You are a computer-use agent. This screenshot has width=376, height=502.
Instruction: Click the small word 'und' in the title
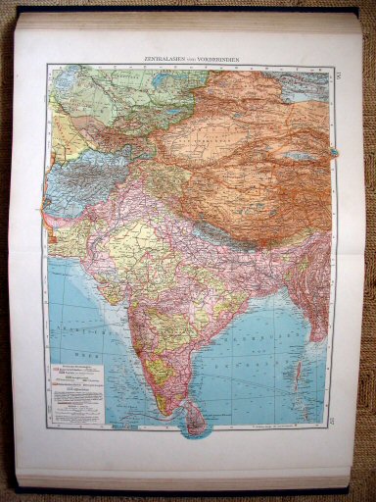coord(195,58)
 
